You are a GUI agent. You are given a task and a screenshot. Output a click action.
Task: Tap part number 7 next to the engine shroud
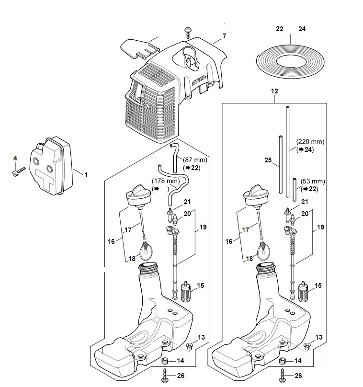(x=224, y=36)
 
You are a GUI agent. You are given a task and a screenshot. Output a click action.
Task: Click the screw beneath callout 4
(x=19, y=171)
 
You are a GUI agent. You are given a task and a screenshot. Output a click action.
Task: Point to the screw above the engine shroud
(x=188, y=33)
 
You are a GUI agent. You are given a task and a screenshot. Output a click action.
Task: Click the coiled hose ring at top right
(x=291, y=62)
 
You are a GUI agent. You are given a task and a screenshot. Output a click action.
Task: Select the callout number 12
(x=274, y=91)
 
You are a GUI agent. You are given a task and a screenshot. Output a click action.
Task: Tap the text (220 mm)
(x=310, y=142)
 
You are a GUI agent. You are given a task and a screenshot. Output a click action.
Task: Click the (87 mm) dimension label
(x=195, y=159)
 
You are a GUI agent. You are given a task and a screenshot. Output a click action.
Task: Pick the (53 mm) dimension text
(x=313, y=181)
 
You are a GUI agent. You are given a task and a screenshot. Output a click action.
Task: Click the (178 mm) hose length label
(x=166, y=181)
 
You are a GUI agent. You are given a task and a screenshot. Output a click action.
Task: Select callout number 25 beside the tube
(x=268, y=160)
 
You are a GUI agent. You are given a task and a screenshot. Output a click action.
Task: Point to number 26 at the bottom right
(x=298, y=376)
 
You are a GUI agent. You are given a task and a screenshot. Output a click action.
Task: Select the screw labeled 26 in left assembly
(x=165, y=376)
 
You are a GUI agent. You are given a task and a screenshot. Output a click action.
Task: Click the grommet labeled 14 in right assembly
(x=282, y=361)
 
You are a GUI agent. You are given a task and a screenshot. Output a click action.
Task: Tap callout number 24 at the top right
(x=302, y=29)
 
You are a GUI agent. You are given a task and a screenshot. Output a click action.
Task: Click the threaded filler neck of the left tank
(x=148, y=269)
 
